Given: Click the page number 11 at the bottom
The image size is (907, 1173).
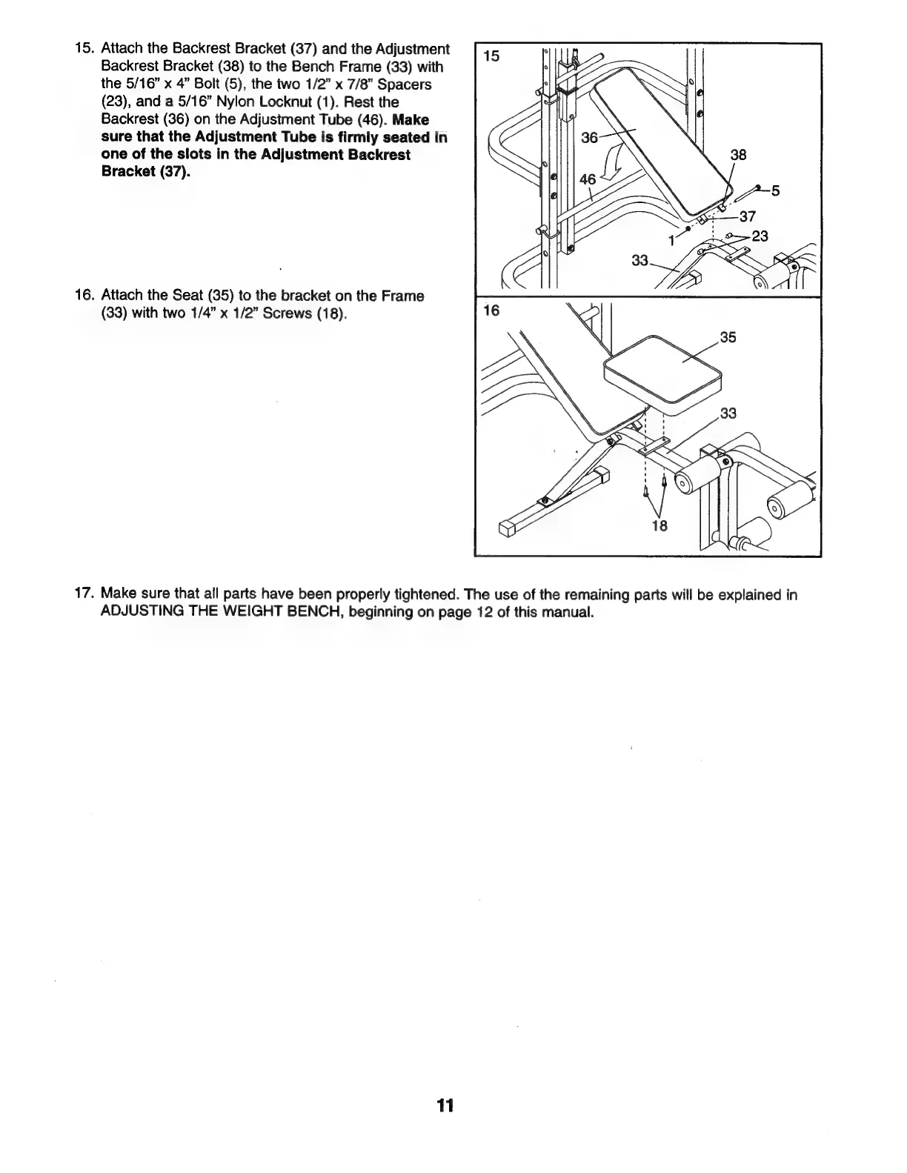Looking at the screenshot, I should click(445, 1106).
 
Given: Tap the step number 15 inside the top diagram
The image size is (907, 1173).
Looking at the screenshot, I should click(491, 56).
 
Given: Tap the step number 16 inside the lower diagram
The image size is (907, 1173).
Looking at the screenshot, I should click(491, 310).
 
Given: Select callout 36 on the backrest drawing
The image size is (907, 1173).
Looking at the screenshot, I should click(590, 138).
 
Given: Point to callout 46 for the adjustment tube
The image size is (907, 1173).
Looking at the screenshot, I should click(588, 179).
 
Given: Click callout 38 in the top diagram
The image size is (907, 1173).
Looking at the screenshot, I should click(738, 156).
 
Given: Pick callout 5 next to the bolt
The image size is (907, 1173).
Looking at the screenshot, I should click(776, 191).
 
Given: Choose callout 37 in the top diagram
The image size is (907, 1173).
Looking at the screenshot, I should click(747, 217).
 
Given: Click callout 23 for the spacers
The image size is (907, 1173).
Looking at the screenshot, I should click(760, 236).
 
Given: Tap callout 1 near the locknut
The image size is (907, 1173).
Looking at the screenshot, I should click(671, 239).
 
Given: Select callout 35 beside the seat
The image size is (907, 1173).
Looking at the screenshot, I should click(728, 338).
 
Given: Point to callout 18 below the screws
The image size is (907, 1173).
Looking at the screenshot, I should click(659, 526).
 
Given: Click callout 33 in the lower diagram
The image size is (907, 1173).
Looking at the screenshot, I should click(728, 413).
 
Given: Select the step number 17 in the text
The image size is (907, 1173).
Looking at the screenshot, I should click(83, 595).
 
